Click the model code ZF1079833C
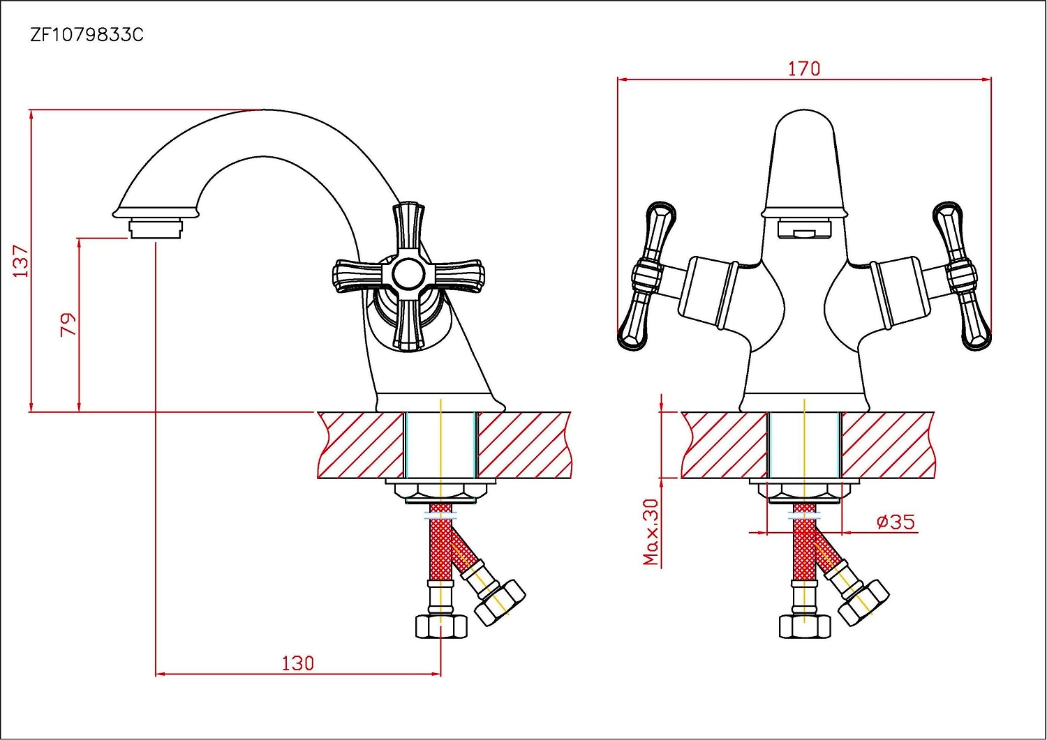coord(87,35)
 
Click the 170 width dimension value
coord(804,69)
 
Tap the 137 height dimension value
coord(21,261)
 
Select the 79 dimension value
coord(68,324)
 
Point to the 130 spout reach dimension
coord(298,663)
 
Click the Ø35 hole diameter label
coord(896,522)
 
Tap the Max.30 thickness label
coord(651,532)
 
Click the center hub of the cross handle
coord(408,274)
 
